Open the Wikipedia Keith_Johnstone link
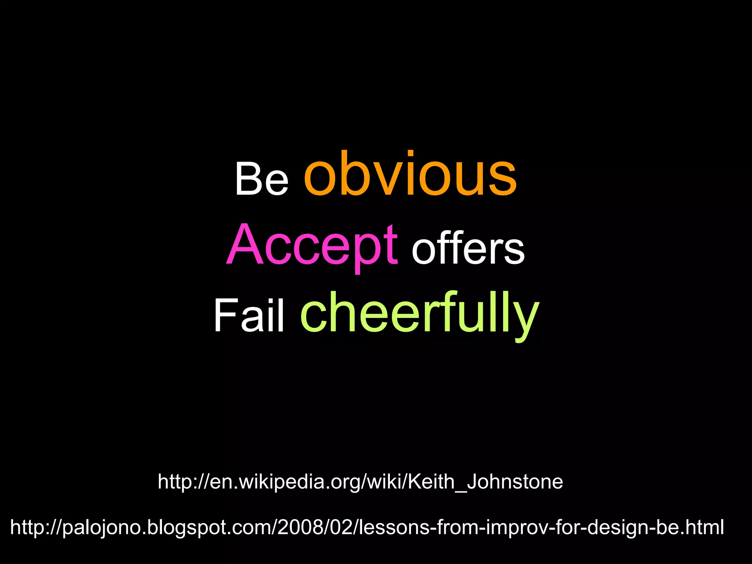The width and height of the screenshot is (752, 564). point(360,481)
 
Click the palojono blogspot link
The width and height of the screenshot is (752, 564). point(367,527)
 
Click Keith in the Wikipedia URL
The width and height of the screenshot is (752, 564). point(431,481)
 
